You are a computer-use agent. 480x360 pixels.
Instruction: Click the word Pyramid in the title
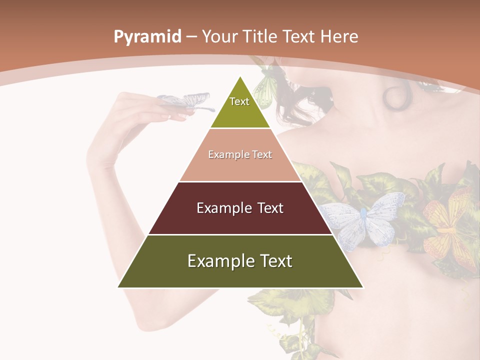point(147,37)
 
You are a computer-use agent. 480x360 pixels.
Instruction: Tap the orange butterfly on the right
point(447,220)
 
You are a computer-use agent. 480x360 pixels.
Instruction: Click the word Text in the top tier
point(239,101)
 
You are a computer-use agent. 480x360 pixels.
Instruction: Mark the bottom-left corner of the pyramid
point(118,287)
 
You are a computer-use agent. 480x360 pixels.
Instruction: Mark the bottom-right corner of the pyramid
point(363,287)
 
